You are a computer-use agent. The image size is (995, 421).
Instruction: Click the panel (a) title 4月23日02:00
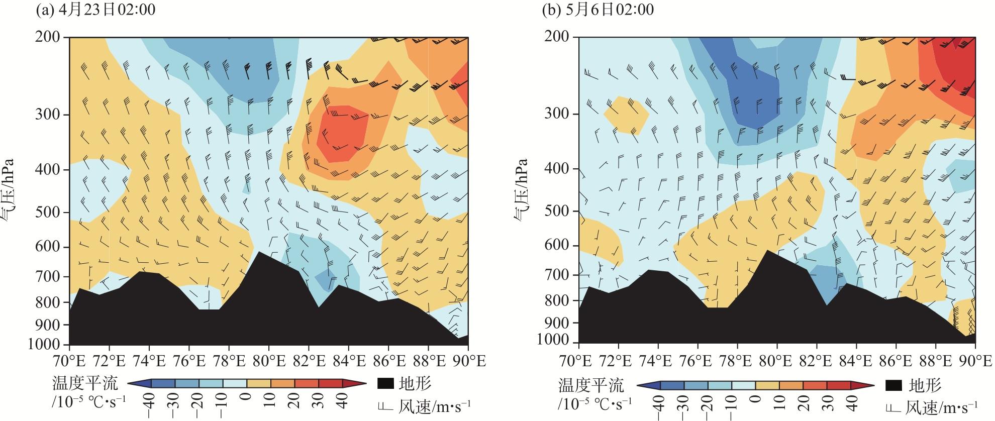95,10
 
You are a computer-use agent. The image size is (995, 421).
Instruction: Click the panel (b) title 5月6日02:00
598,10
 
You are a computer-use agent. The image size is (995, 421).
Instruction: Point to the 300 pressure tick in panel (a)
48,115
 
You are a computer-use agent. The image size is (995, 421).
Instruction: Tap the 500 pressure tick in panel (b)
557,212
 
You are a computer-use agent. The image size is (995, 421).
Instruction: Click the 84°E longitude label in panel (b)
856,361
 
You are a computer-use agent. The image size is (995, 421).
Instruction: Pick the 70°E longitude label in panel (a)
69,361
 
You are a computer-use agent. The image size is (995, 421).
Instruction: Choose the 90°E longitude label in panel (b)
975,361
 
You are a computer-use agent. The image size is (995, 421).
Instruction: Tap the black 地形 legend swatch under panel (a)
384,384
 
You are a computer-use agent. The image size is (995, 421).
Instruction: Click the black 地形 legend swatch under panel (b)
894,386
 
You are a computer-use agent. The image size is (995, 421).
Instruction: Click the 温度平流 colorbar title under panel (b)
591,386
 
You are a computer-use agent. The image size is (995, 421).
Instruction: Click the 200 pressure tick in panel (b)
557,37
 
